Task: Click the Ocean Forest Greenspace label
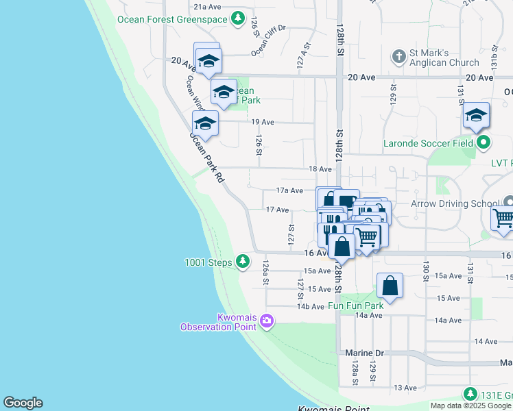[171, 19]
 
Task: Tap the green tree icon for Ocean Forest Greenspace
[237, 18]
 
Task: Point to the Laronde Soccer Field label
[429, 144]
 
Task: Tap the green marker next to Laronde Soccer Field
[484, 143]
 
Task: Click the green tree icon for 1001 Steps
[242, 261]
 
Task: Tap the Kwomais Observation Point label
[217, 321]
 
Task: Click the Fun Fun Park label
[355, 306]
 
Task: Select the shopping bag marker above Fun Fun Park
[390, 286]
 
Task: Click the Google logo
[23, 403]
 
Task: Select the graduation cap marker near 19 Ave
[204, 124]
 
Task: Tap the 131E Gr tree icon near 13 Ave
[470, 394]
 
